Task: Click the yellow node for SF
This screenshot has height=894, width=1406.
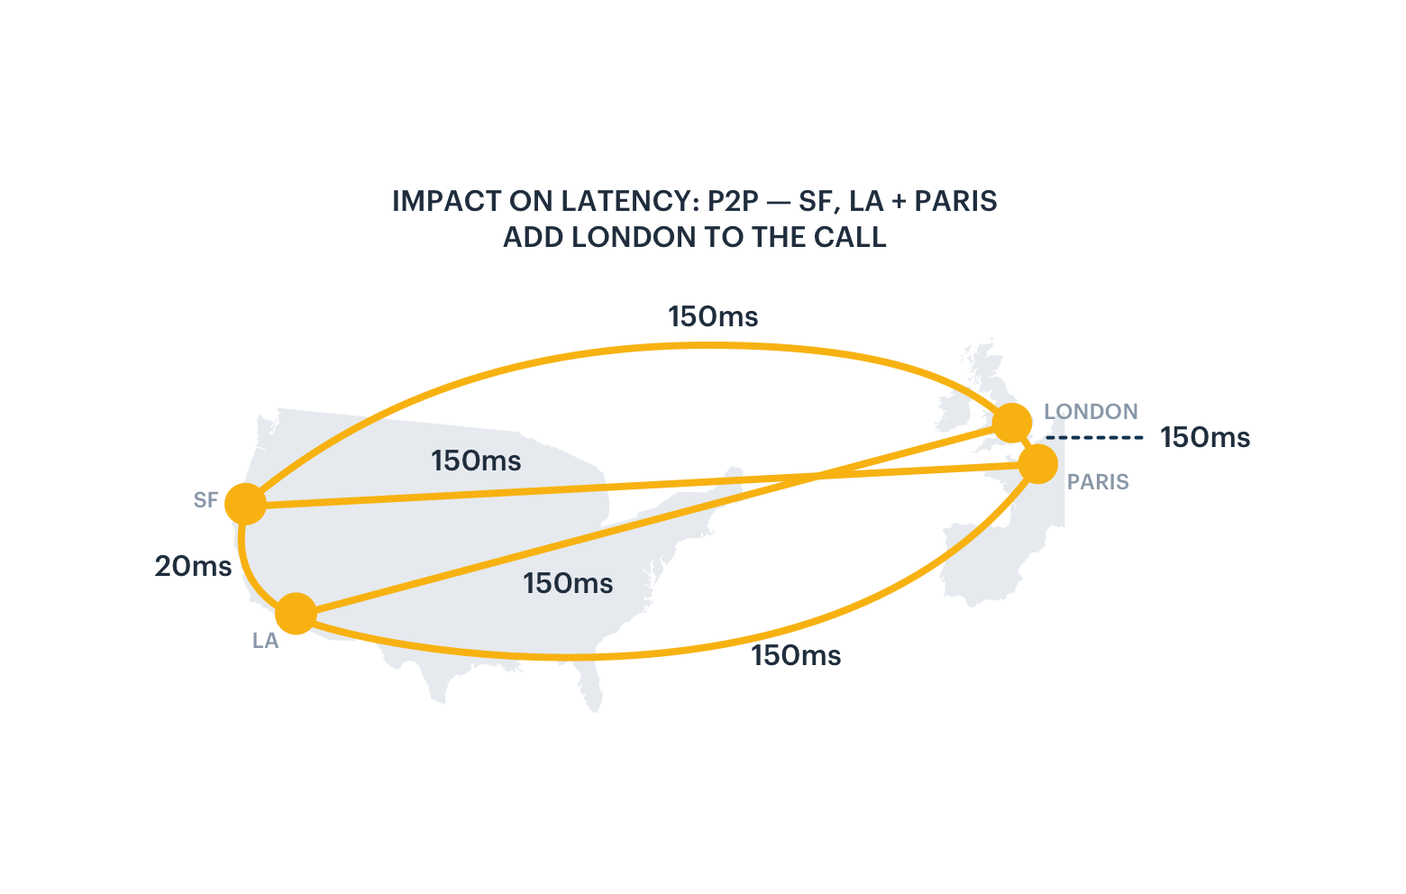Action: point(245,504)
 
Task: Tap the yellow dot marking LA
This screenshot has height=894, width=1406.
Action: point(296,614)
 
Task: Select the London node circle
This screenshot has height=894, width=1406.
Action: point(1012,424)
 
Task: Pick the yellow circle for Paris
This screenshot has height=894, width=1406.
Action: point(1038,464)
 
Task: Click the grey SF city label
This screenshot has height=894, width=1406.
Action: point(205,500)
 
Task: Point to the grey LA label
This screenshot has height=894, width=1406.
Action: point(265,641)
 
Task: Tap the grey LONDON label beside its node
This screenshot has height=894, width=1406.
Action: point(1091,412)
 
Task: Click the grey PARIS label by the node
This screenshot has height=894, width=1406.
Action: point(1098,482)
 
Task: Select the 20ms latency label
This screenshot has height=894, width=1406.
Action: point(193,566)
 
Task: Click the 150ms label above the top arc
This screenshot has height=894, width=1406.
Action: point(713,316)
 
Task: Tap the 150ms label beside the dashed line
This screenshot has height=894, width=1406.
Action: point(1205,438)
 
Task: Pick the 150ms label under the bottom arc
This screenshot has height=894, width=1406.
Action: point(797,655)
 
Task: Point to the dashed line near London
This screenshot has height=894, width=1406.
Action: point(1095,438)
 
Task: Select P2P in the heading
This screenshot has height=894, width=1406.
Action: point(734,202)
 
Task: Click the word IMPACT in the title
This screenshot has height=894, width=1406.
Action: point(447,202)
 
